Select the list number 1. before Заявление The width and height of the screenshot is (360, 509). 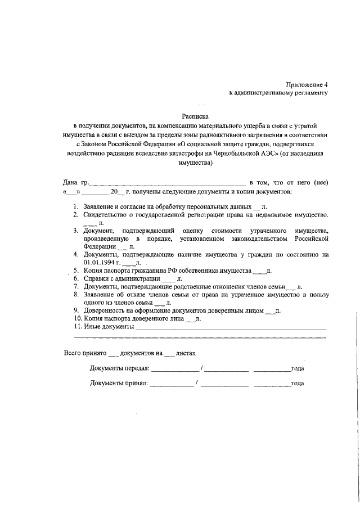click(x=75, y=206)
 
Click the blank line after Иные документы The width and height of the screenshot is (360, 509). click(x=231, y=327)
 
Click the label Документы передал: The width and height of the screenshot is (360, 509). click(x=119, y=369)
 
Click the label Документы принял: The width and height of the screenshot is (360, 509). click(x=119, y=384)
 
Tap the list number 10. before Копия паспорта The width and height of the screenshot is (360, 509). click(x=77, y=318)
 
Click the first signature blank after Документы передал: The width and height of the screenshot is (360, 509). click(x=175, y=370)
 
